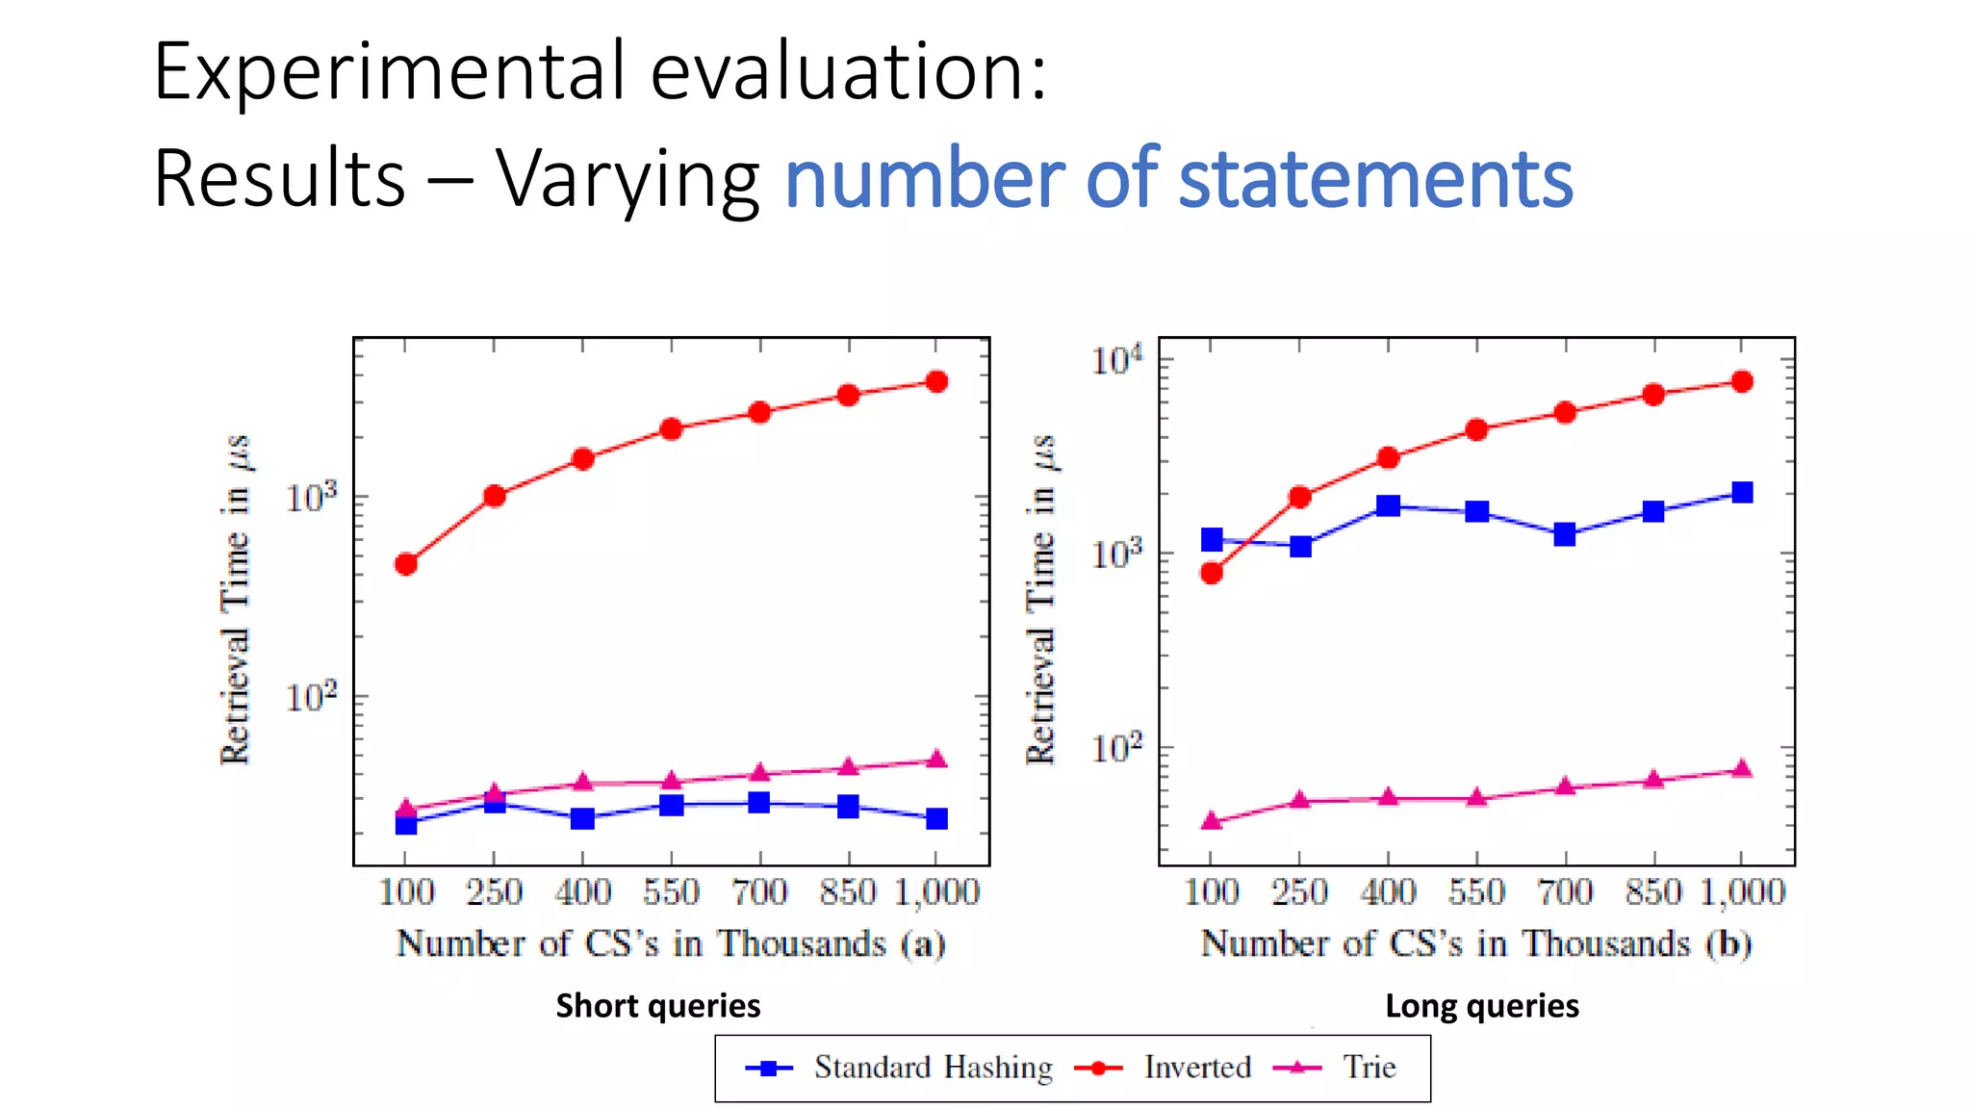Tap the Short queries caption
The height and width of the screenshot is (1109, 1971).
point(658,1005)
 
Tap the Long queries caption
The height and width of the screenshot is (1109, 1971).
point(1481,1005)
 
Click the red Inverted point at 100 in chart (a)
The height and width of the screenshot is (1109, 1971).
point(406,564)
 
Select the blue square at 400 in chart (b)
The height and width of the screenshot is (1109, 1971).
point(1388,505)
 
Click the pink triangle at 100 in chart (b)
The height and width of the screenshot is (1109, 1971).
point(1212,821)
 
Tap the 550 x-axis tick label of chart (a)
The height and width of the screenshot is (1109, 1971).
point(671,892)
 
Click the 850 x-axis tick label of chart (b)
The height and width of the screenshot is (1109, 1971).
point(1653,892)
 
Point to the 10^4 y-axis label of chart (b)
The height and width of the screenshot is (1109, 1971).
point(1116,360)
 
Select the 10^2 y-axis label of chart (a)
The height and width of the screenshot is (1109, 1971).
point(312,696)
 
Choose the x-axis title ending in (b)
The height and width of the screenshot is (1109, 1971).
point(1475,943)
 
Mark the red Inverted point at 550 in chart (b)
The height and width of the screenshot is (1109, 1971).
point(1476,429)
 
